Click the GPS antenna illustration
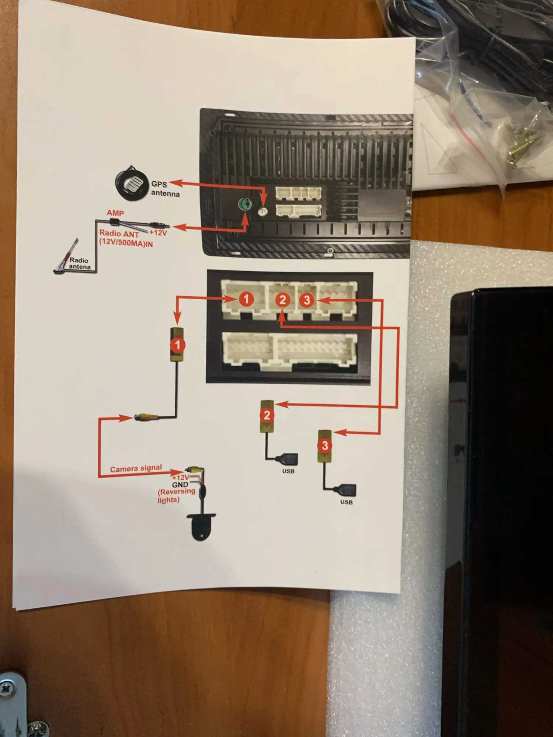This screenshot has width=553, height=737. pyautogui.click(x=131, y=184)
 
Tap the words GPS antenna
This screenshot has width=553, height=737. pyautogui.click(x=165, y=189)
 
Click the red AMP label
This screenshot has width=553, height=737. pyautogui.click(x=115, y=213)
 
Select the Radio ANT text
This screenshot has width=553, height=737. pyautogui.click(x=119, y=234)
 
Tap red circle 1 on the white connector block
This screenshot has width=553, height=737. pyautogui.click(x=246, y=299)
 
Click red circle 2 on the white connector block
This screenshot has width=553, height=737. pyautogui.click(x=282, y=300)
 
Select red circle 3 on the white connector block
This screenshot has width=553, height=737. pyautogui.click(x=307, y=300)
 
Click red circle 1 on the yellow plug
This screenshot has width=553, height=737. pyautogui.click(x=177, y=345)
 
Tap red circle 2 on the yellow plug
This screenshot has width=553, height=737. pyautogui.click(x=267, y=415)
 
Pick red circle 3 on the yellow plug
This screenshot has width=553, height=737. pyautogui.click(x=324, y=445)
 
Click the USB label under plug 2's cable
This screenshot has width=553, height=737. pyautogui.click(x=288, y=471)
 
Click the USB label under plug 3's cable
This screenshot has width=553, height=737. pyautogui.click(x=346, y=502)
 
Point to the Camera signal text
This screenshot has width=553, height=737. pyautogui.click(x=136, y=468)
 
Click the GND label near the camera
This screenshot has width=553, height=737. pyautogui.click(x=180, y=485)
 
